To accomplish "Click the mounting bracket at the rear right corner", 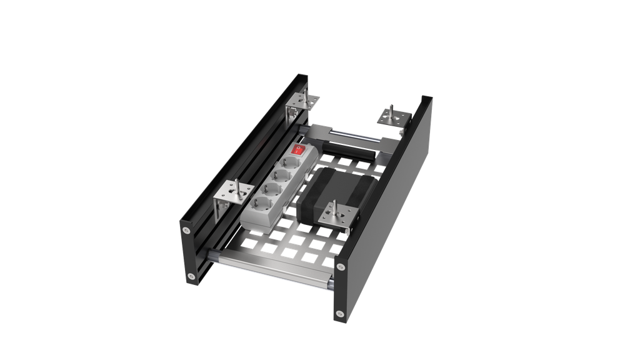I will (392, 117).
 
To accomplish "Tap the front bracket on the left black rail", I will (232, 194).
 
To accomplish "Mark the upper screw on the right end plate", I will (340, 267).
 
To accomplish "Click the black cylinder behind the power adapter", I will (350, 151).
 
